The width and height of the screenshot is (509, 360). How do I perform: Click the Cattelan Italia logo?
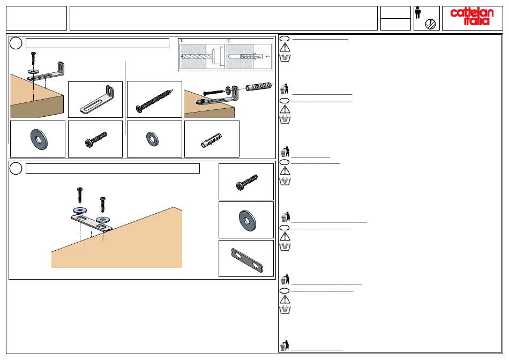[x=472, y=17]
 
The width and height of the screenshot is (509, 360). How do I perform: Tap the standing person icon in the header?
[x=418, y=13]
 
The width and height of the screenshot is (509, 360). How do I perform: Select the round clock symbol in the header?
[x=430, y=24]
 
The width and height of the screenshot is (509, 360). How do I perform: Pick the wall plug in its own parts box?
[x=211, y=140]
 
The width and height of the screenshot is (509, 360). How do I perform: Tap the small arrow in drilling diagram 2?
[x=268, y=56]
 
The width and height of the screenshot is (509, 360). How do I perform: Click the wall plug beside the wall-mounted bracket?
[x=258, y=86]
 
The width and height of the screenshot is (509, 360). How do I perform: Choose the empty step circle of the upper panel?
[x=16, y=43]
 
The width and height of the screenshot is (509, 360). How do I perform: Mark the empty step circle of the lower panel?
[x=16, y=168]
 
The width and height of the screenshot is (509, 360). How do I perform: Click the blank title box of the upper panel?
[x=98, y=43]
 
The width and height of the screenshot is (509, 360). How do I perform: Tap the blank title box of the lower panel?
[x=113, y=168]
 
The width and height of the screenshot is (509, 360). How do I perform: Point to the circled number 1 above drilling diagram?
[x=182, y=41]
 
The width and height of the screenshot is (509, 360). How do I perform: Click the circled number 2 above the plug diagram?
[x=229, y=41]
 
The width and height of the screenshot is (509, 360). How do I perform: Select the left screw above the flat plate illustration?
[x=80, y=195]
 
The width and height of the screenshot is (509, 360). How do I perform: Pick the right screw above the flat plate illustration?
[x=102, y=205]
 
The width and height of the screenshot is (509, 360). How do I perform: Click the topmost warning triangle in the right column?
[x=285, y=47]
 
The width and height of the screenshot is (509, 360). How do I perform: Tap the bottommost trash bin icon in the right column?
[x=285, y=346]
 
